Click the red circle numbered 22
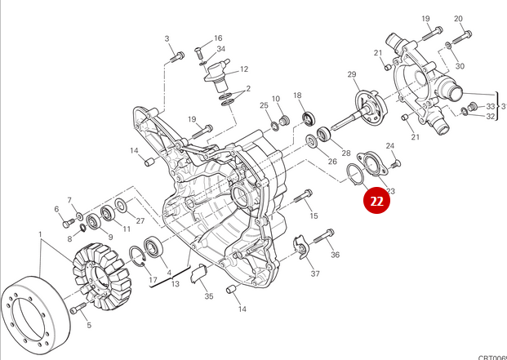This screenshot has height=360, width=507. tap(376, 201)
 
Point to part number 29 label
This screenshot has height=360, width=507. tap(353, 75)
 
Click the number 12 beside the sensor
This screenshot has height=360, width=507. tap(243, 69)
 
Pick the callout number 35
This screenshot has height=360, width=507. tap(209, 296)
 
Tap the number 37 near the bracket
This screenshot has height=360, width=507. tap(314, 273)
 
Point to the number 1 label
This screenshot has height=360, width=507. tap(39, 235)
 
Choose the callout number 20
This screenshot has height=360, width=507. tap(458, 18)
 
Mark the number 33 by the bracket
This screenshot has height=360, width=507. tap(490, 106)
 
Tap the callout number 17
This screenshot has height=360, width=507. tap(153, 281)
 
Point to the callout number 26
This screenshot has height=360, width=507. tap(332, 161)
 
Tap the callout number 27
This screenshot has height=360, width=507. tap(140, 221)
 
